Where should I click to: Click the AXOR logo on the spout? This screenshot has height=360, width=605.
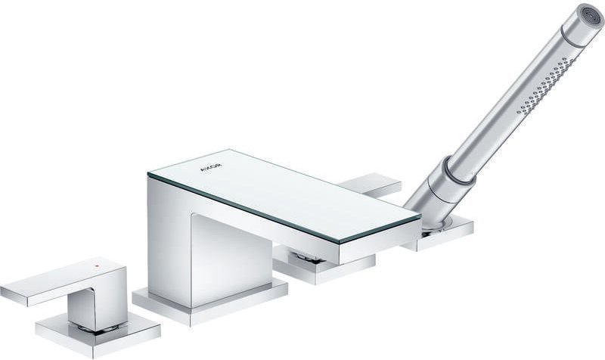211,167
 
